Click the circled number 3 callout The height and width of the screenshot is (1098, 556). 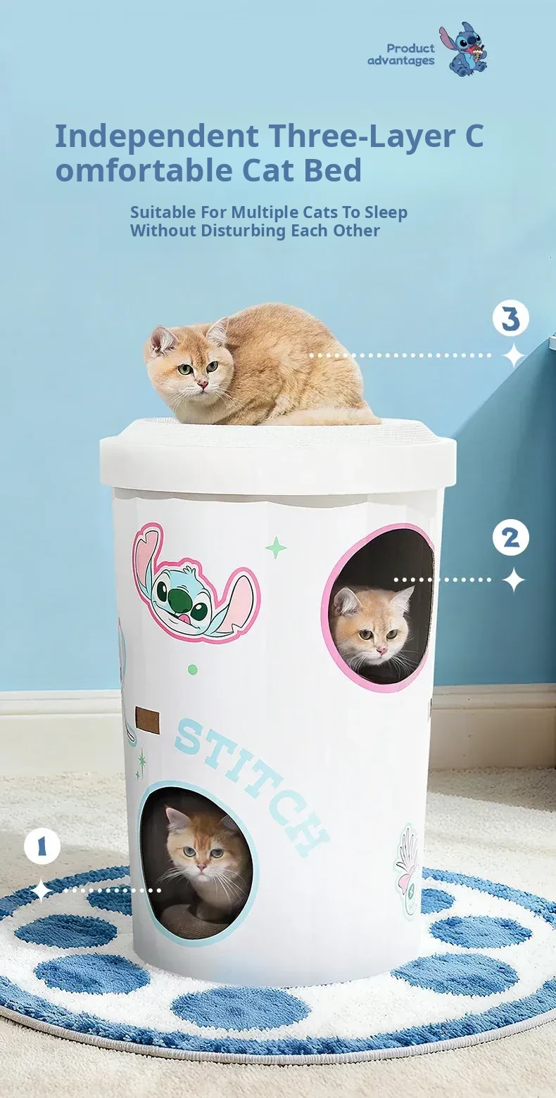(x=511, y=319)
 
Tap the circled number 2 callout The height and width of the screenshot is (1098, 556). (x=511, y=538)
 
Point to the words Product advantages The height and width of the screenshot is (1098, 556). (x=401, y=54)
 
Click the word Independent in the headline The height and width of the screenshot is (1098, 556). (x=158, y=136)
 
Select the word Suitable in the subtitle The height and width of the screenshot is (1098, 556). (x=163, y=212)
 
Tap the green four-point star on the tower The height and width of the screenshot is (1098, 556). (x=276, y=547)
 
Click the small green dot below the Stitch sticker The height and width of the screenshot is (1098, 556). (x=193, y=670)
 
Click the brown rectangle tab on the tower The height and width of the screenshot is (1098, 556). (x=149, y=720)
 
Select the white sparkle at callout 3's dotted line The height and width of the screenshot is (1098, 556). (x=514, y=355)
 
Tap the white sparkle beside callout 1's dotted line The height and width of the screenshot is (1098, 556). (x=42, y=890)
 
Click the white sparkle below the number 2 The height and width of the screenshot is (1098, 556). (x=514, y=580)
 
